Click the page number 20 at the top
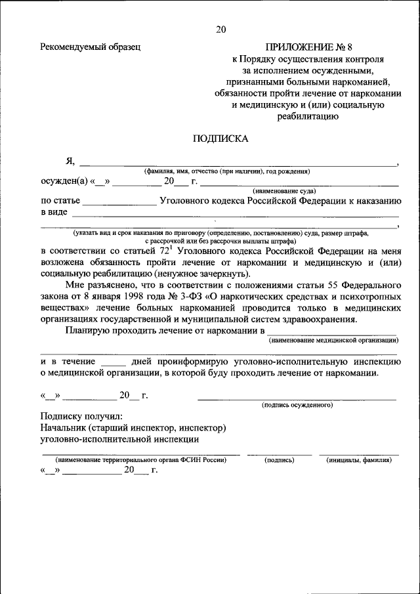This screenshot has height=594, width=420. (x=220, y=30)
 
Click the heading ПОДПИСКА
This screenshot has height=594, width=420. (x=220, y=138)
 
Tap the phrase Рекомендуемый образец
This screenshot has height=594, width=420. (x=91, y=47)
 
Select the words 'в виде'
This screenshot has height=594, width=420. (x=54, y=213)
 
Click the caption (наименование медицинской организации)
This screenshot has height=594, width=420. (x=333, y=340)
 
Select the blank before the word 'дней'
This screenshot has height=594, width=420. (x=114, y=362)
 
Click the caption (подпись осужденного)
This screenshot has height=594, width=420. (x=297, y=405)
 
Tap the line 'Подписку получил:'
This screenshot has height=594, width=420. (x=81, y=417)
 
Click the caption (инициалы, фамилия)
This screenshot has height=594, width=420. (x=358, y=460)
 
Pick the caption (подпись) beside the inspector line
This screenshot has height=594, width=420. (x=279, y=460)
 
